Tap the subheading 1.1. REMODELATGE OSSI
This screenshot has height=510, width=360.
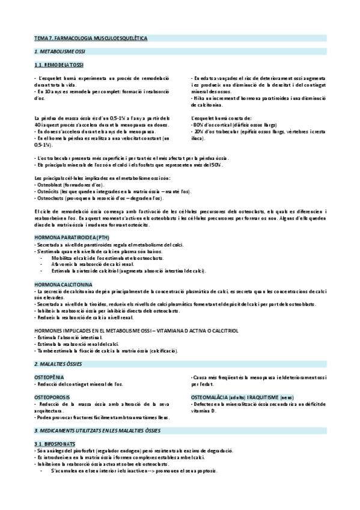tap(59, 64)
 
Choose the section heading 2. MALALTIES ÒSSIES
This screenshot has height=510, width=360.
tap(58, 364)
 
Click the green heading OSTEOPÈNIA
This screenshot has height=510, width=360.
tap(51, 376)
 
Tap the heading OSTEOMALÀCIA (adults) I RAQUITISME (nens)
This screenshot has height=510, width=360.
tap(242, 398)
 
